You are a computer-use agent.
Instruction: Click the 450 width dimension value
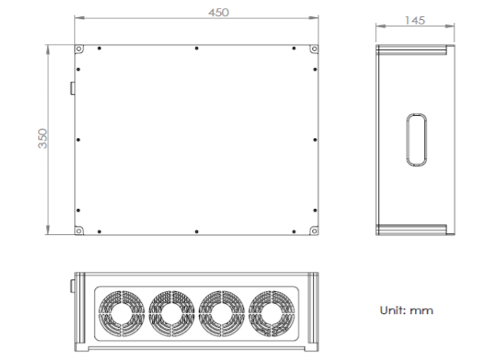pos(219,12)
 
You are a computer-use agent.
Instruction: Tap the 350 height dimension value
pos(42,138)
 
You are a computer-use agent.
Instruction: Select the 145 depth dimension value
pos(415,20)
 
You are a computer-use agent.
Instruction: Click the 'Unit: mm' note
pos(406,310)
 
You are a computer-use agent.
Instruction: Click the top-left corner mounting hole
pos(79,49)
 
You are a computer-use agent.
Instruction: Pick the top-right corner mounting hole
pos(314,49)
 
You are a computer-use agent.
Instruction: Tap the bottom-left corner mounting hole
pos(79,231)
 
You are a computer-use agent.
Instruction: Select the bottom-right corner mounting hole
pos(314,231)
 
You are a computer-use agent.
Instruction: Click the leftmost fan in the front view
pos(122,313)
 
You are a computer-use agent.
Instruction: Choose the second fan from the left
pos(172,313)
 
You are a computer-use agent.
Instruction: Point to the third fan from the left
pos(222,313)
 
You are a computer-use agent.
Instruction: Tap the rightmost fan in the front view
pos(271,313)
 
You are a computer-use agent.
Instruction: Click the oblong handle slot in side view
pos(416,140)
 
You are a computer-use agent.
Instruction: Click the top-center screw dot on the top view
pos(196,48)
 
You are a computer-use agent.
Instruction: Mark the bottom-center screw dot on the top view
pos(196,232)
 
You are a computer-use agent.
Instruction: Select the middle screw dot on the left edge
pos(78,140)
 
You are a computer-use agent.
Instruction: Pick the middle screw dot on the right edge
pos(315,140)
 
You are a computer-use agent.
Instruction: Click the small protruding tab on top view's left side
pos(73,88)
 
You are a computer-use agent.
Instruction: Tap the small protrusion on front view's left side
pos(73,286)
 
